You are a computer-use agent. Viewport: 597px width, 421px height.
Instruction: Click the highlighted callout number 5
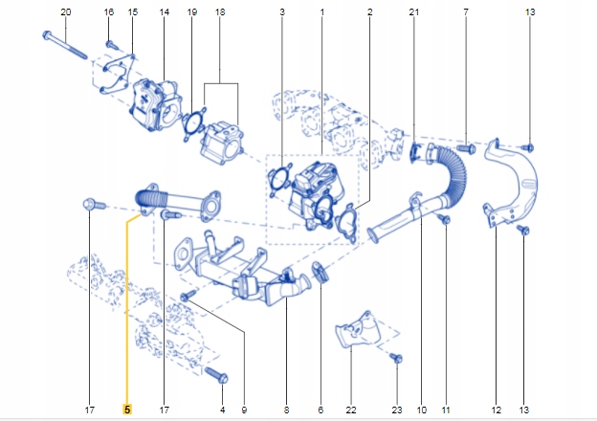pyautogui.click(x=126, y=410)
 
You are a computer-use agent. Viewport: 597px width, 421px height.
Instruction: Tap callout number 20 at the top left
pyautogui.click(x=65, y=11)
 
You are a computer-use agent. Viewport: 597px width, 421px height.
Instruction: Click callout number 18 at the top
pyautogui.click(x=220, y=11)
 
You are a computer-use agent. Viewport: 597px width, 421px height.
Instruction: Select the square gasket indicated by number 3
pyautogui.click(x=280, y=180)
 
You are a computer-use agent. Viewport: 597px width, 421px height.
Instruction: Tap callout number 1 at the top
pyautogui.click(x=321, y=11)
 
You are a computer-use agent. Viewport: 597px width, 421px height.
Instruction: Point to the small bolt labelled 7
pyautogui.click(x=466, y=148)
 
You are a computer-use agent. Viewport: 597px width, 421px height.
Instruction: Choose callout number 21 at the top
pyautogui.click(x=413, y=11)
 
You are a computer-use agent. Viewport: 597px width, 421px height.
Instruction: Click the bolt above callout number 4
pyautogui.click(x=217, y=375)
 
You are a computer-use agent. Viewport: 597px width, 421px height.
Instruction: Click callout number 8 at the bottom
pyautogui.click(x=285, y=410)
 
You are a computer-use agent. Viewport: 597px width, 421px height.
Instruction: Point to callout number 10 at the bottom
pyautogui.click(x=421, y=410)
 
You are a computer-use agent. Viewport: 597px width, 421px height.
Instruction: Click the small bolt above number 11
pyautogui.click(x=444, y=220)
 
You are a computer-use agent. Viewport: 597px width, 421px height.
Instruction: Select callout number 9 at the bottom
pyautogui.click(x=243, y=410)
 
